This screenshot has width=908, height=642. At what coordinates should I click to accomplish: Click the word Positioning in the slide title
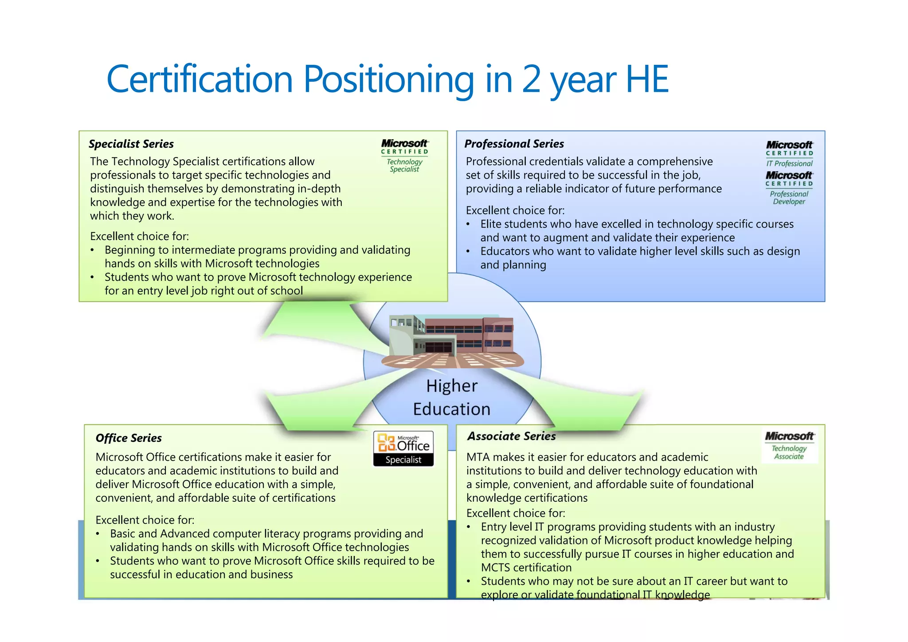(x=388, y=80)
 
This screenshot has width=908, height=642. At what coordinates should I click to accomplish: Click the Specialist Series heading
(x=131, y=144)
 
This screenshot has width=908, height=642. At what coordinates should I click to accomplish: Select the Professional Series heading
(x=514, y=144)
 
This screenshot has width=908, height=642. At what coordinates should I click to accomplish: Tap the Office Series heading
(x=129, y=438)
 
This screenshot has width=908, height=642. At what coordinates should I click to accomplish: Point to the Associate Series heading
(x=511, y=436)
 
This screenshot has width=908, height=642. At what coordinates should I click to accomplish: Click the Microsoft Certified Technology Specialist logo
(x=404, y=156)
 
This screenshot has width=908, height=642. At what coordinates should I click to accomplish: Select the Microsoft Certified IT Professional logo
(x=789, y=154)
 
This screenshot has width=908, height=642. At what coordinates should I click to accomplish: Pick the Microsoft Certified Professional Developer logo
(x=789, y=188)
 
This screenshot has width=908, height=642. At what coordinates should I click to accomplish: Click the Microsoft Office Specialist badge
(x=403, y=449)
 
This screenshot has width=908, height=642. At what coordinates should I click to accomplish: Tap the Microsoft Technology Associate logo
(x=790, y=445)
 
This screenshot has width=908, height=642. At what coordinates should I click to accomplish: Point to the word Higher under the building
(x=452, y=386)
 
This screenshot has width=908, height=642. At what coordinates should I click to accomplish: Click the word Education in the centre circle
(x=452, y=409)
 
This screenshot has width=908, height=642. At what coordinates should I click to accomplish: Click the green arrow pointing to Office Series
(x=319, y=408)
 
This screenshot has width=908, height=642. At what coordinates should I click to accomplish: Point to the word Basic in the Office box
(x=124, y=534)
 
